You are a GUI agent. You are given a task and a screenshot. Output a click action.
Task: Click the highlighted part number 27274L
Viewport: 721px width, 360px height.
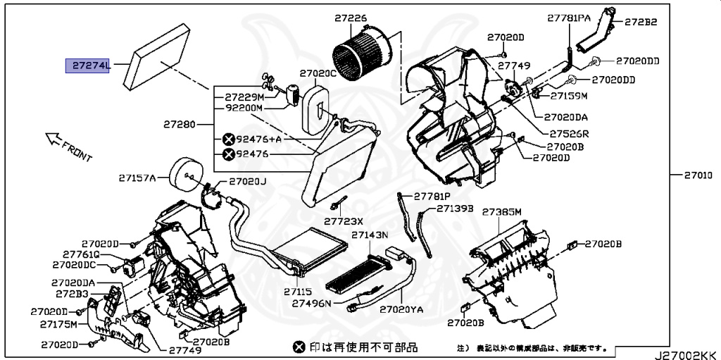89,66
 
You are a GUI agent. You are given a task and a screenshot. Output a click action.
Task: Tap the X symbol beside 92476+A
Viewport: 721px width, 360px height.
228,139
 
